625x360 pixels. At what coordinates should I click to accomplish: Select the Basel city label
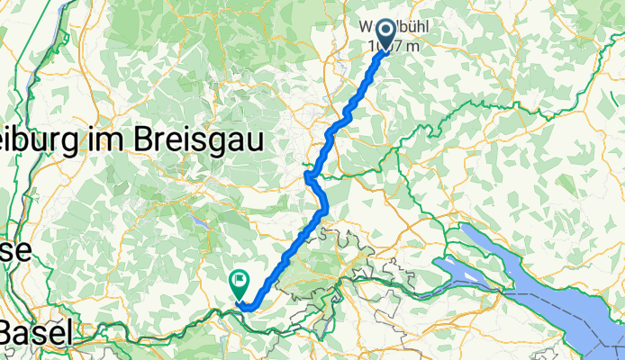point(36,333)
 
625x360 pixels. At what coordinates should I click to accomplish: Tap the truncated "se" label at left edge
point(16,250)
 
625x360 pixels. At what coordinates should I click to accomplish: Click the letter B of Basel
point(8,333)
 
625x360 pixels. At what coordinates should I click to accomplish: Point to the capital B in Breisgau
point(144,139)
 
